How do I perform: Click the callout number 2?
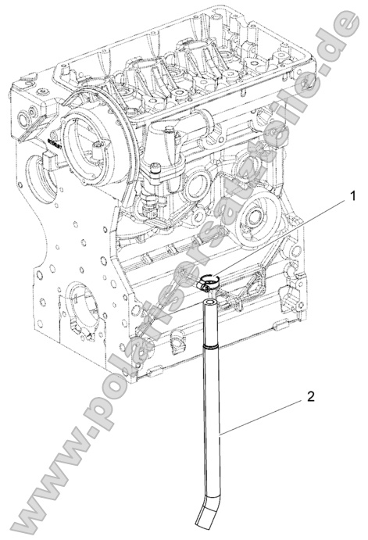(311, 395)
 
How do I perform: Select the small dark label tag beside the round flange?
(53, 143)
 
